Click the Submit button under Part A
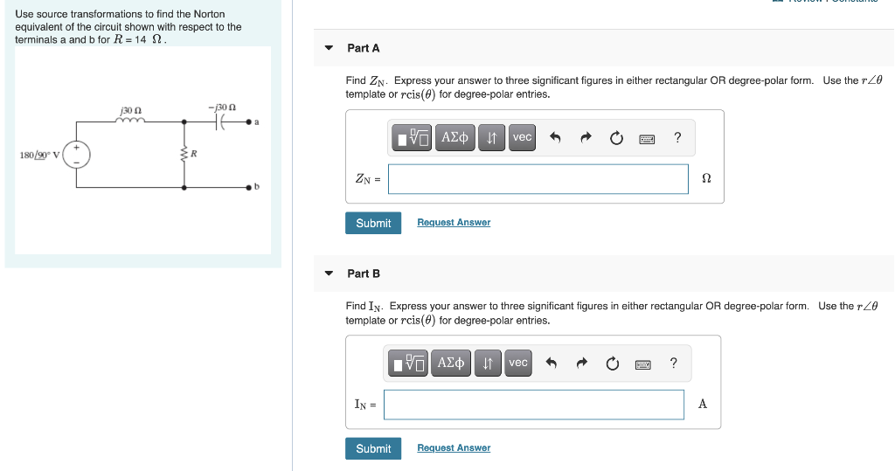point(373,223)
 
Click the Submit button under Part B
point(373,448)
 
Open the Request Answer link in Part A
point(454,223)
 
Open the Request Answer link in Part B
point(454,448)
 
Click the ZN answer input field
point(538,179)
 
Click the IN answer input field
point(533,405)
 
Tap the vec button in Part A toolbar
point(522,137)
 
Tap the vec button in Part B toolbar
point(518,363)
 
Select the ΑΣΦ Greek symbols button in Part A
point(454,137)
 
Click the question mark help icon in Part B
point(673,363)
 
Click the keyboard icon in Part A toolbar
point(648,138)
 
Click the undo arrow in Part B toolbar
point(551,363)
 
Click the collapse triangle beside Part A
point(329,48)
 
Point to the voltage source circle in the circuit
point(75,156)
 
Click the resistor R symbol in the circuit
point(184,155)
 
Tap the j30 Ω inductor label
point(131,110)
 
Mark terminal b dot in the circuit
point(252,188)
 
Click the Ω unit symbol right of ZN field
point(706,178)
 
